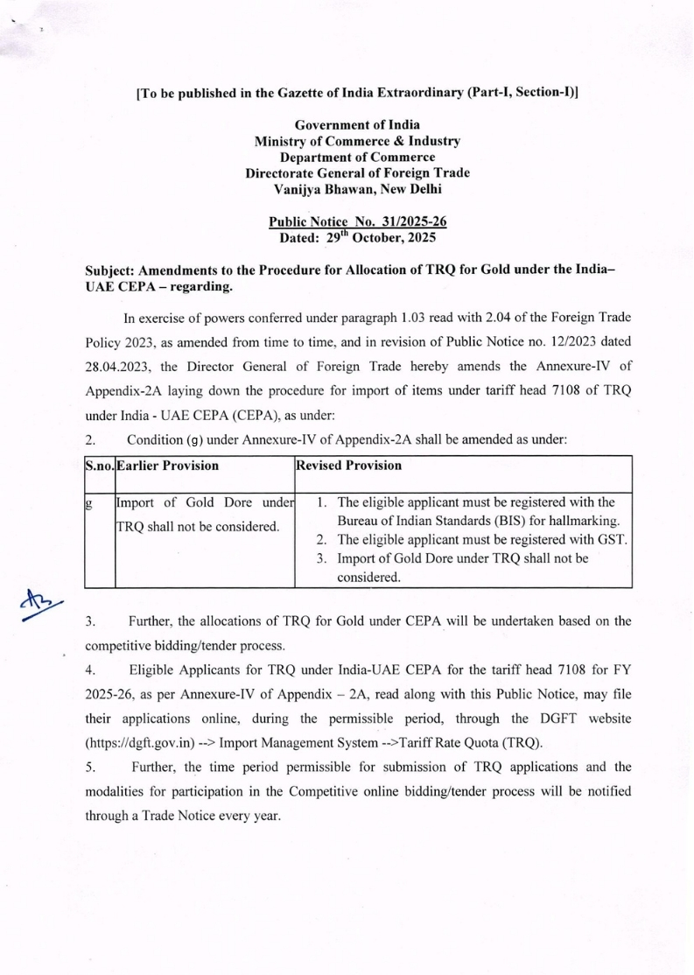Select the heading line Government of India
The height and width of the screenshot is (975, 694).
[357, 124]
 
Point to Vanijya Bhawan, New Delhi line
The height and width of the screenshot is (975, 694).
[357, 188]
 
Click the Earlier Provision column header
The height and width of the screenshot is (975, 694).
[168, 466]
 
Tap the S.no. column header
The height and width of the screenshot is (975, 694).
[100, 466]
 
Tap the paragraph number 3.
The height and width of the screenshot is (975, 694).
[89, 622]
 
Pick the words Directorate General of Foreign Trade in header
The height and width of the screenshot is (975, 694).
[357, 172]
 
